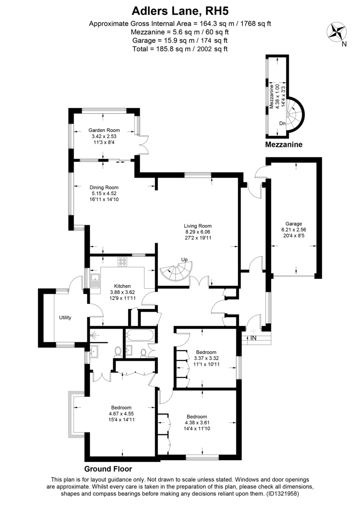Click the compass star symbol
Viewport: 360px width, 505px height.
point(337,33)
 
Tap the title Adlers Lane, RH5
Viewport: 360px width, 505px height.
point(180,11)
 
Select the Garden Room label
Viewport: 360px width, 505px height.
point(104,130)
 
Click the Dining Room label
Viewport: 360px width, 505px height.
point(104,187)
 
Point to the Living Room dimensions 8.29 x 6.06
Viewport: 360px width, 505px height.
point(198,232)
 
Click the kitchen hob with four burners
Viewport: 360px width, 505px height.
point(122,262)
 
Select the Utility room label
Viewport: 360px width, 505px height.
point(65,318)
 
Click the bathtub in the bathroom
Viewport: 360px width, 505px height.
point(140,335)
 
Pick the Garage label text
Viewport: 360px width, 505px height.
point(294,224)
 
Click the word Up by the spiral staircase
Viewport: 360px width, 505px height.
point(184,260)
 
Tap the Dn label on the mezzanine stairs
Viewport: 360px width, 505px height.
point(282,123)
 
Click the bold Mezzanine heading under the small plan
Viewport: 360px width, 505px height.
point(283,144)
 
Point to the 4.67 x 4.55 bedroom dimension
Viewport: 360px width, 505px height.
point(121,414)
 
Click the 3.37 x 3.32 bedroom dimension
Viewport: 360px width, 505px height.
point(206,358)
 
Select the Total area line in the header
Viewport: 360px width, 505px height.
point(180,49)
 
